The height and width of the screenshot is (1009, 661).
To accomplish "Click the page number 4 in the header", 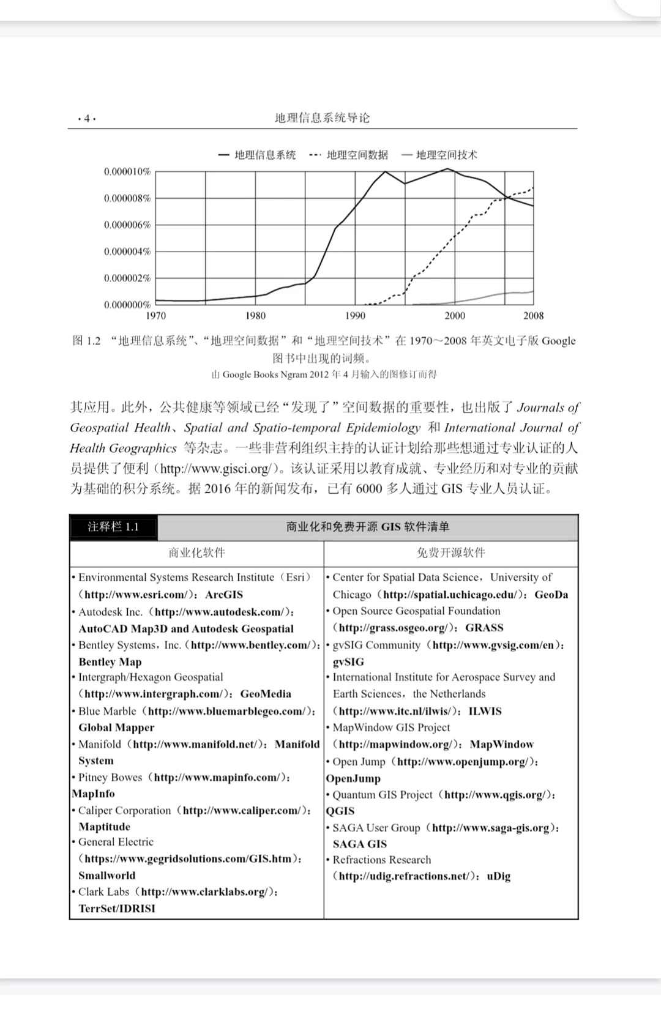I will point(87,119).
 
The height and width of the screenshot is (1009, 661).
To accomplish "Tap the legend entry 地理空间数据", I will point(357,155).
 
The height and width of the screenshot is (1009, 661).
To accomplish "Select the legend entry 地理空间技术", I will point(446,155).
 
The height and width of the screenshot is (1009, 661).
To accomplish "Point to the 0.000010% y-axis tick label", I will point(127,172).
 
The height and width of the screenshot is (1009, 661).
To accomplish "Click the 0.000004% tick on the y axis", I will point(127,251).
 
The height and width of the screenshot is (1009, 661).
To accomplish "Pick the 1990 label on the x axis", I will point(355,316).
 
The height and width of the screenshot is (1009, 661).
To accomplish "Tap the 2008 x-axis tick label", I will point(533,316).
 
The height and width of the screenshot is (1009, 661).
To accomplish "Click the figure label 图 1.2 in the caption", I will point(86,341).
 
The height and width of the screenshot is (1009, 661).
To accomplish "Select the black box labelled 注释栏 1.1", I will point(113,527).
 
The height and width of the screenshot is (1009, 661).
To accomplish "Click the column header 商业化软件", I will point(196,553).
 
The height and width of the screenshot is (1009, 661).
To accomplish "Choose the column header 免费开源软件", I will point(450,553).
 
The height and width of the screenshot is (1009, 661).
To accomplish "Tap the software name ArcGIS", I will point(224,595).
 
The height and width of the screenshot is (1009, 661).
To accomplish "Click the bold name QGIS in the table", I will point(340,811).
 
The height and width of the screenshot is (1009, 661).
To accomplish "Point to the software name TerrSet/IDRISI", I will point(117,909).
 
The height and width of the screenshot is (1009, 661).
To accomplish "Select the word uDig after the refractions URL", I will point(498,876).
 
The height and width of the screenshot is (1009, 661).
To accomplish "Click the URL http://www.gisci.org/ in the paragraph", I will point(214,469).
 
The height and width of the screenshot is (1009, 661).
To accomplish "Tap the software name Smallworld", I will point(107,876).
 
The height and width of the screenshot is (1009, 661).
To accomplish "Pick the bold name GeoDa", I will point(551,595).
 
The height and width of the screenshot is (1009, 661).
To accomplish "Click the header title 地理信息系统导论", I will point(322,118).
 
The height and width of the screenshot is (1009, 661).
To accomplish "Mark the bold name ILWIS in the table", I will point(485,712).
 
